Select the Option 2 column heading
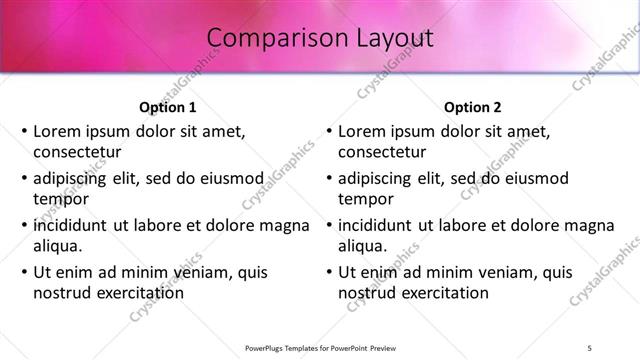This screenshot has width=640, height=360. point(472,107)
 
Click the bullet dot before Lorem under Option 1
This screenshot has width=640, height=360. point(24,132)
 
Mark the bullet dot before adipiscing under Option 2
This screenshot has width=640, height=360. point(329,179)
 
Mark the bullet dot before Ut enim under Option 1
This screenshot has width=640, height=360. point(24,272)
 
